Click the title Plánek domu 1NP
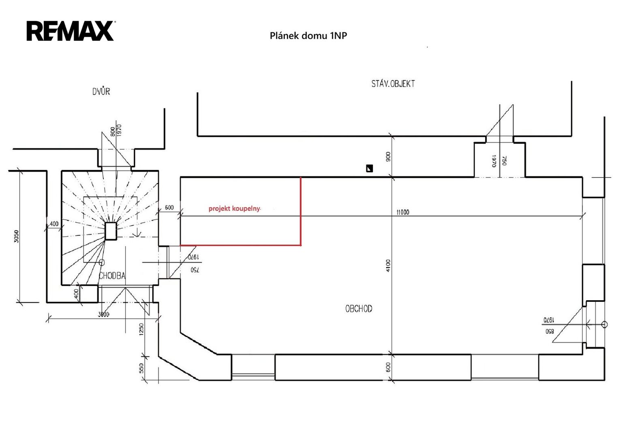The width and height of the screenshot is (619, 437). coord(308,36)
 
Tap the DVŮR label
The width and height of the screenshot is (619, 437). coord(101,91)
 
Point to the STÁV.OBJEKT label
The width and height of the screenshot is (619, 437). coord(393,84)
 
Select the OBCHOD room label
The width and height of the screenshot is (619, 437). coord(359,308)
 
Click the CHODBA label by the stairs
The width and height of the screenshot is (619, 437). coord(112,276)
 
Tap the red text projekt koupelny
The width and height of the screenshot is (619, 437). coord(234,208)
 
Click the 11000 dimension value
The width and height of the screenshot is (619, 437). coord(403,212)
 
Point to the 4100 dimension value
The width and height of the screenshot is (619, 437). coord(388,266)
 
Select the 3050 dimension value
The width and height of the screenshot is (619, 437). coord(17,236)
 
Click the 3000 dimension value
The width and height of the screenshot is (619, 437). coord(104,314)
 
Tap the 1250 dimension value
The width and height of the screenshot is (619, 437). coord(141,329)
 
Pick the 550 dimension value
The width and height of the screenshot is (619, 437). coord(141,368)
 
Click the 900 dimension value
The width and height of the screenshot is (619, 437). coord(388,157)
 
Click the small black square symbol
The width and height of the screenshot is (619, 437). coord(369,169)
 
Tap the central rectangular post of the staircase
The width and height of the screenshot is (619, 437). coord(111,231)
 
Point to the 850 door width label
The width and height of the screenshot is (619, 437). coord(549,331)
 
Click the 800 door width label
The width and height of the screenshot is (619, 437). coord(112,132)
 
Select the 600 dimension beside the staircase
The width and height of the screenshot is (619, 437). coord(169,208)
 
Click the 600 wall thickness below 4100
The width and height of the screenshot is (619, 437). coord(388,367)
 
